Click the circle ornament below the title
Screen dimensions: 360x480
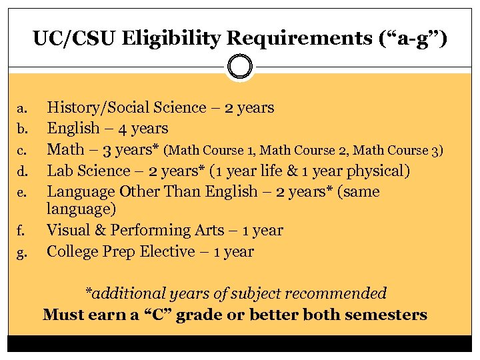point(240,67)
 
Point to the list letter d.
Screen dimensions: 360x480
point(22,172)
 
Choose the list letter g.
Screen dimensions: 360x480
point(22,253)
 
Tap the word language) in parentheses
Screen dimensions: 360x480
point(81,209)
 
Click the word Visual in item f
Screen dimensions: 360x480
point(68,231)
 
